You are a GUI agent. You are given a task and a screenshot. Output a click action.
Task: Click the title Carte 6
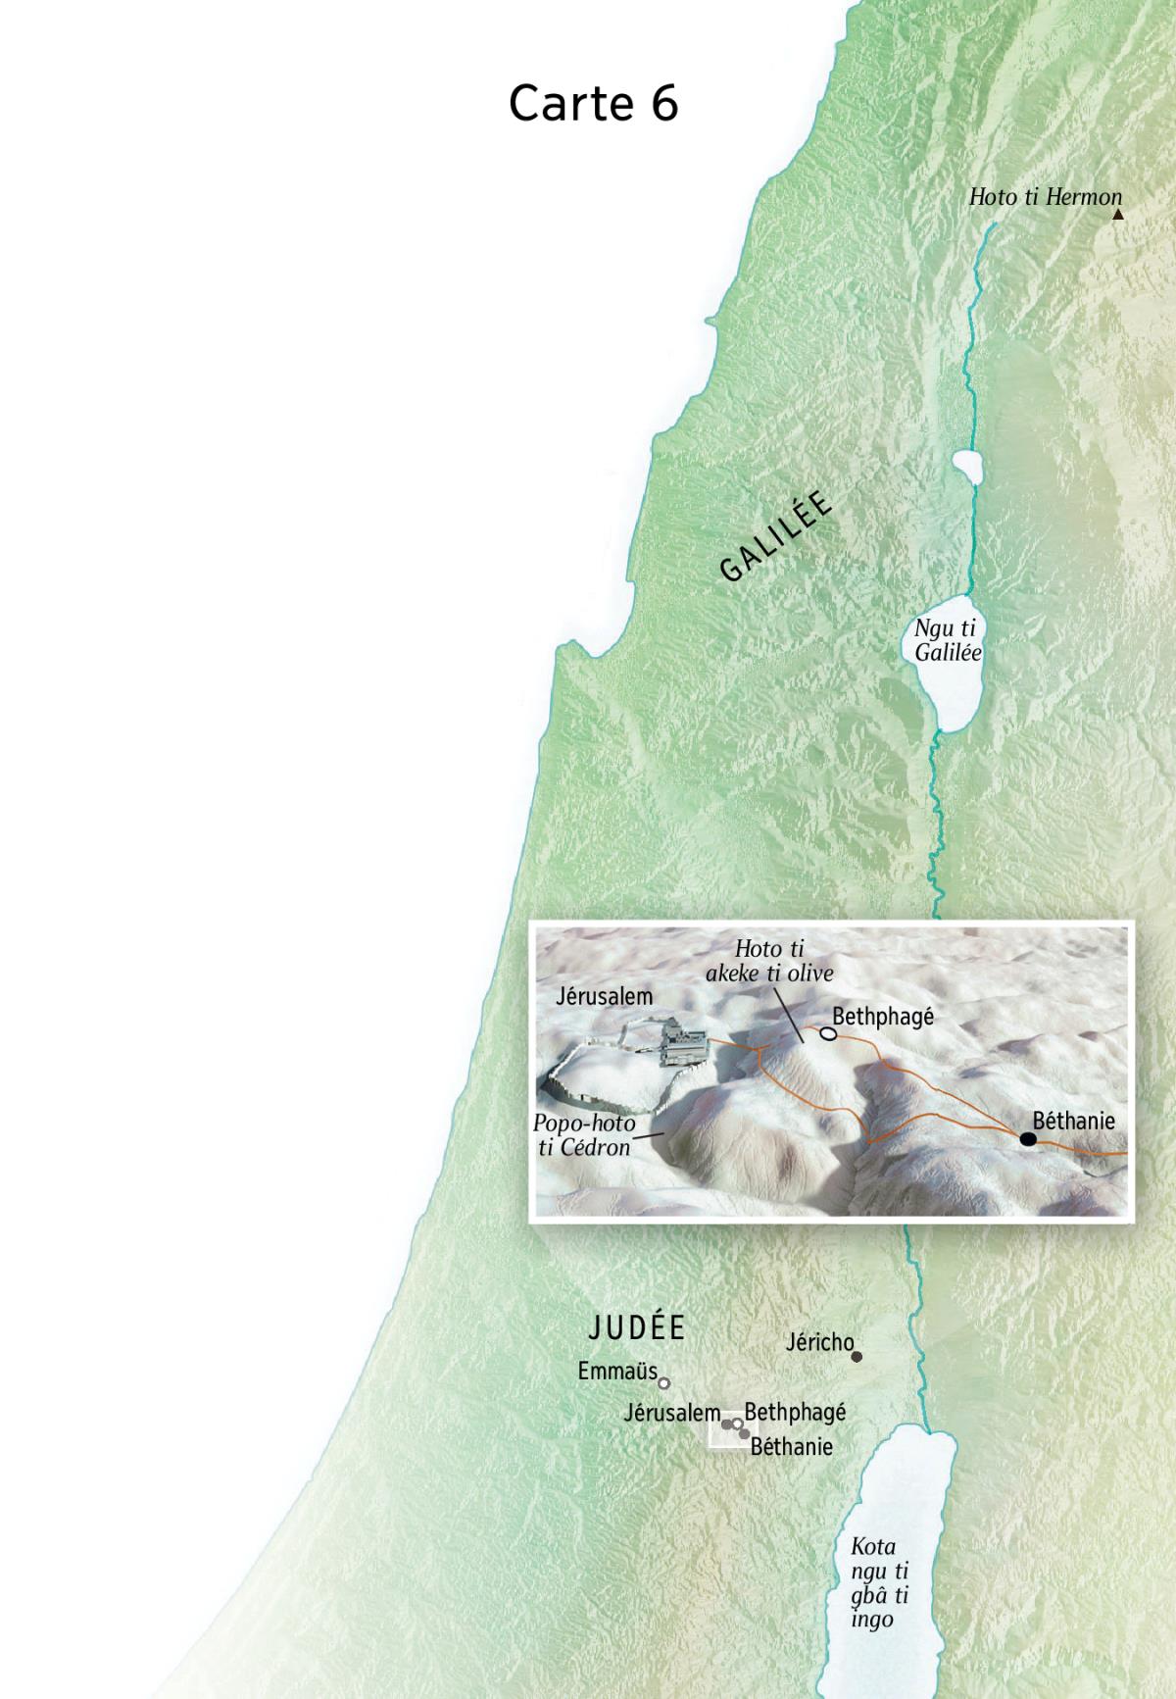593,103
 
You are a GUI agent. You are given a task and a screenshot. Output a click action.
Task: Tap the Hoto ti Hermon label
1045,197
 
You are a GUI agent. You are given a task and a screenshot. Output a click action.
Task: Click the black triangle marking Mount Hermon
1117,214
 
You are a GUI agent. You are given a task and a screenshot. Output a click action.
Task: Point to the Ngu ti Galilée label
947,641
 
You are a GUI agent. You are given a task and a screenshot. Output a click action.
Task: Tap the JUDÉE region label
636,1327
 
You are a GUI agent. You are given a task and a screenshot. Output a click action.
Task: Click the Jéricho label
819,1341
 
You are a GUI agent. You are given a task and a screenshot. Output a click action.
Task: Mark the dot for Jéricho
857,1357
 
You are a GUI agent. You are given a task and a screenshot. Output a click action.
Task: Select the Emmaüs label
617,1371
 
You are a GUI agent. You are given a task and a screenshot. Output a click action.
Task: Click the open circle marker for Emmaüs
663,1383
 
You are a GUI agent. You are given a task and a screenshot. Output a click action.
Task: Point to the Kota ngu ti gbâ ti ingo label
878,1582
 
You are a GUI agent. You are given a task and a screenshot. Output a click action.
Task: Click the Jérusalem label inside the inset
604,997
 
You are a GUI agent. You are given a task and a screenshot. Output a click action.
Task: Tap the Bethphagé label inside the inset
883,1017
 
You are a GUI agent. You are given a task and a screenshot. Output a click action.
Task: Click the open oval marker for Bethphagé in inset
828,1033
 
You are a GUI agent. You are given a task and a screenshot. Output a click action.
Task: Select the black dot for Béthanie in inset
1027,1138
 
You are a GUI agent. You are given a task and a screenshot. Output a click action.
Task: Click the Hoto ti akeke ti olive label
769,961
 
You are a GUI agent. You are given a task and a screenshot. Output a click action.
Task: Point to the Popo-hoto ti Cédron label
584,1135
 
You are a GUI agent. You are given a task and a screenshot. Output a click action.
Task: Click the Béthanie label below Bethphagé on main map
791,1446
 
